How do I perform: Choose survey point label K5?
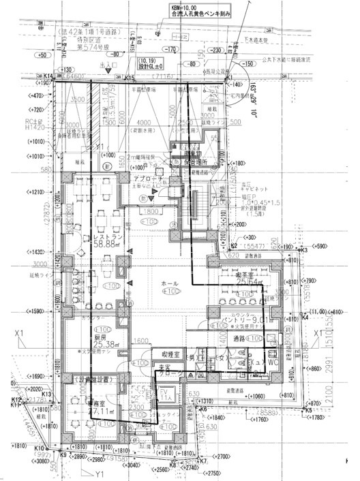(307, 410)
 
